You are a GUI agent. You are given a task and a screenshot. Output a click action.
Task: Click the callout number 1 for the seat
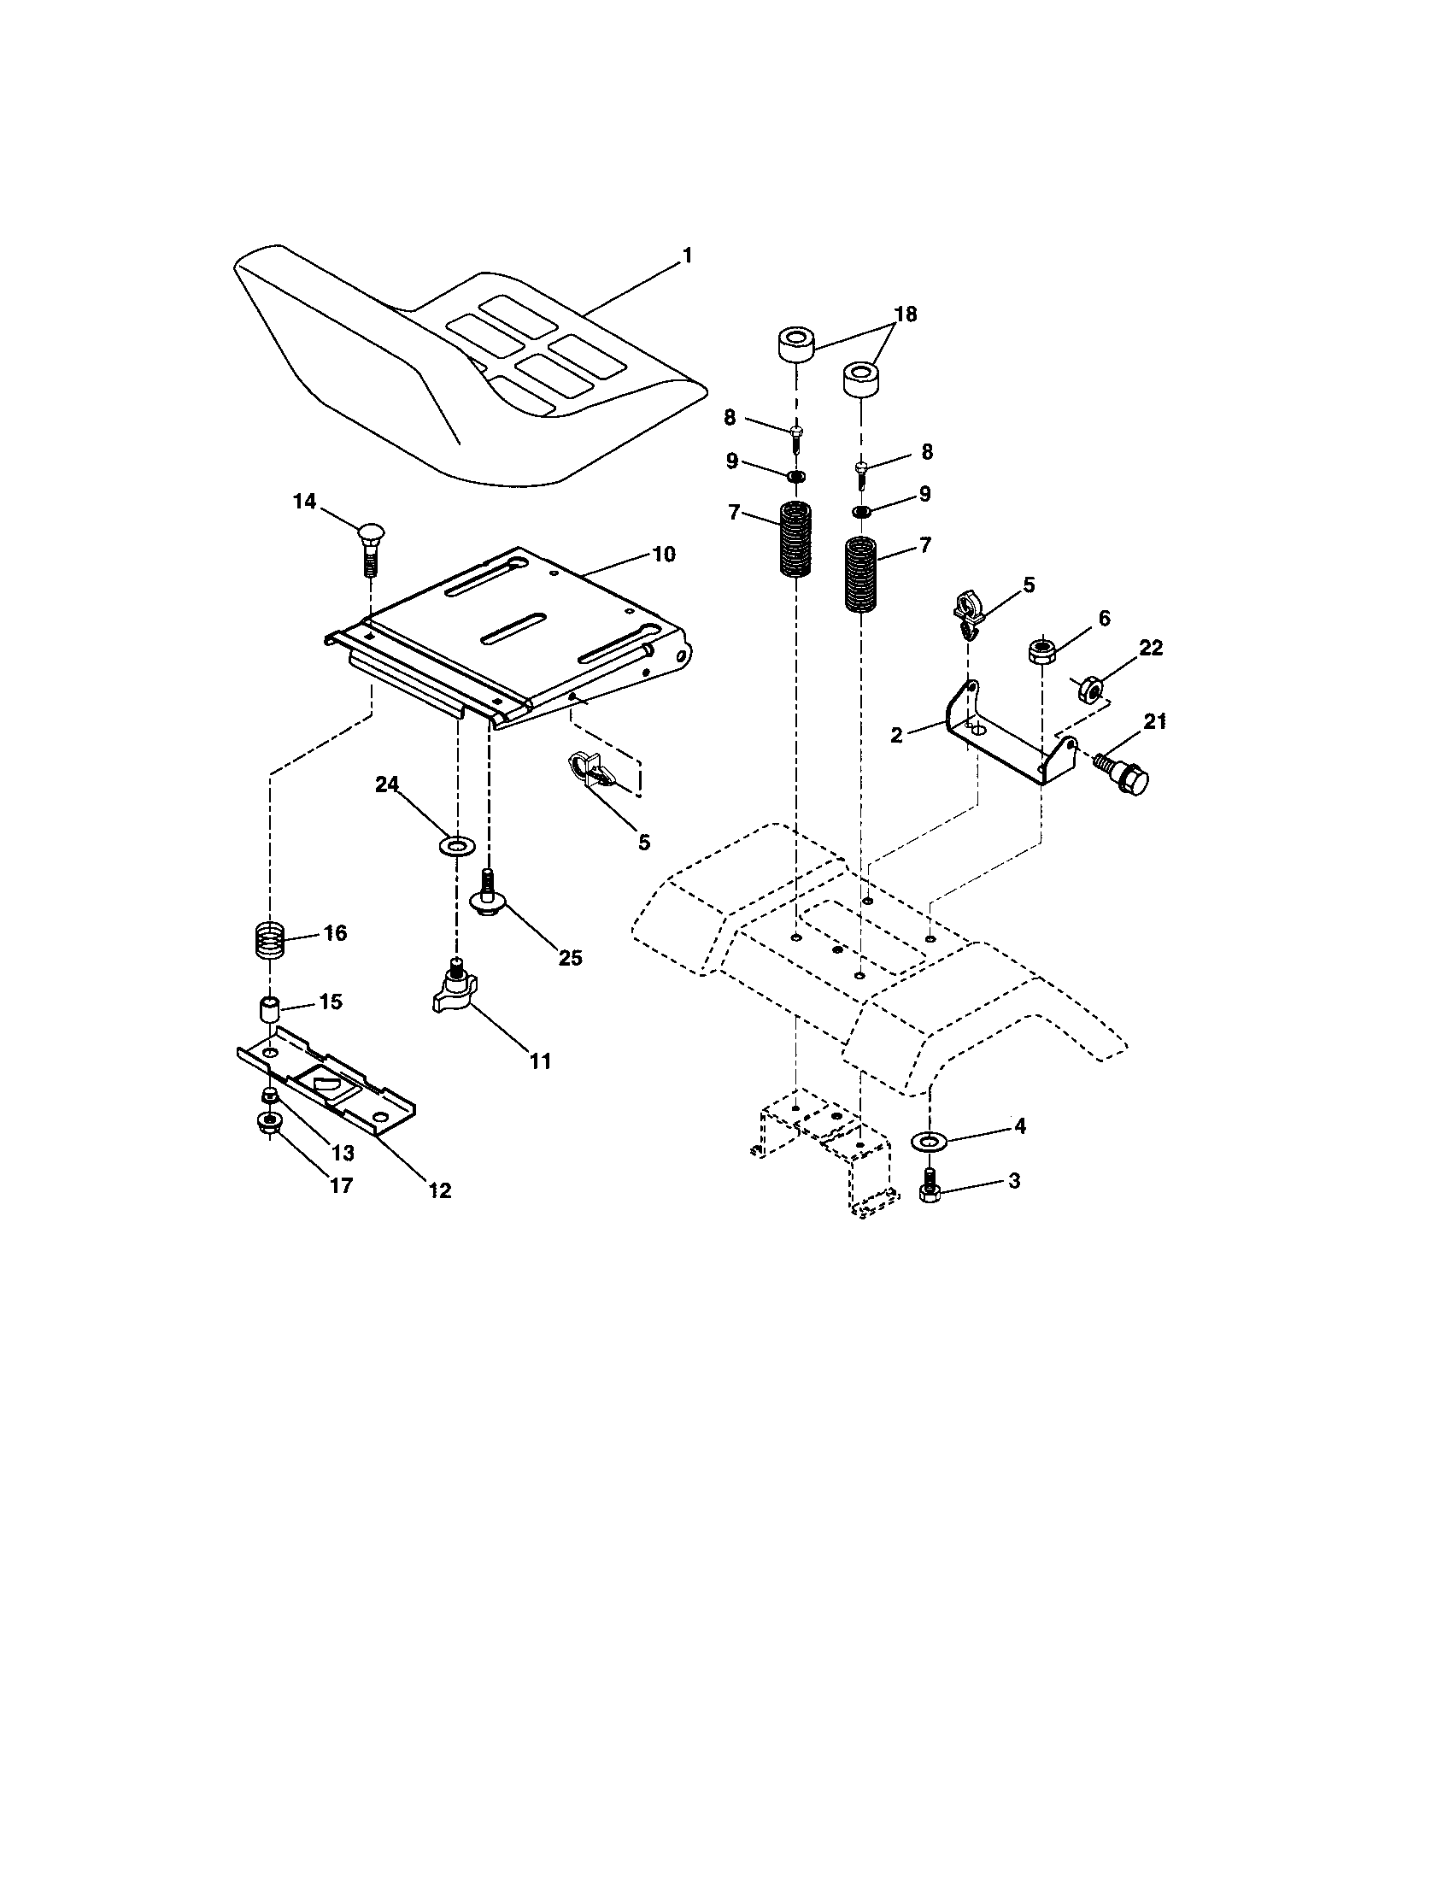coord(687,256)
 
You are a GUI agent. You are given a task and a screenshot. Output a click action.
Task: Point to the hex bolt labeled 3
coord(930,1186)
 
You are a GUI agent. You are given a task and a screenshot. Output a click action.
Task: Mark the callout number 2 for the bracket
coord(897,735)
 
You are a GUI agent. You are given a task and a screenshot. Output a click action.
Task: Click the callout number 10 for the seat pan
coord(663,555)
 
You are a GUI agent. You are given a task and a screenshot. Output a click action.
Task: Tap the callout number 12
coord(440,1190)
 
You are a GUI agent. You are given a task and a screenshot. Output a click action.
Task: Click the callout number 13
coord(343,1153)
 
